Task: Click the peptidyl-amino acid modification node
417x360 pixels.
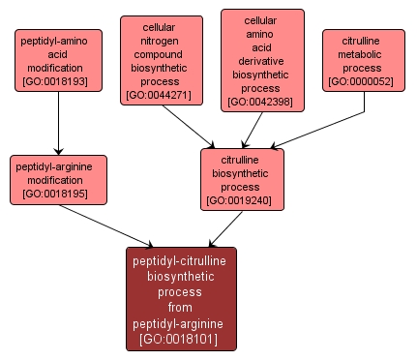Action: pyautogui.click(x=59, y=61)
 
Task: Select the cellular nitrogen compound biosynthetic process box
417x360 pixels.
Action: pyautogui.click(x=162, y=60)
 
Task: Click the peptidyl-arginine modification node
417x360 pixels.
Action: pyautogui.click(x=58, y=180)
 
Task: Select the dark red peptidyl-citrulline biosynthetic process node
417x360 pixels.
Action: pyautogui.click(x=181, y=298)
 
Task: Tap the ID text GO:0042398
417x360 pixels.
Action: pyautogui.click(x=262, y=102)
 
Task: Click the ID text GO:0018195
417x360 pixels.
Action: pyautogui.click(x=58, y=195)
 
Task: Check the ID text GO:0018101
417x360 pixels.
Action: pyautogui.click(x=181, y=339)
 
